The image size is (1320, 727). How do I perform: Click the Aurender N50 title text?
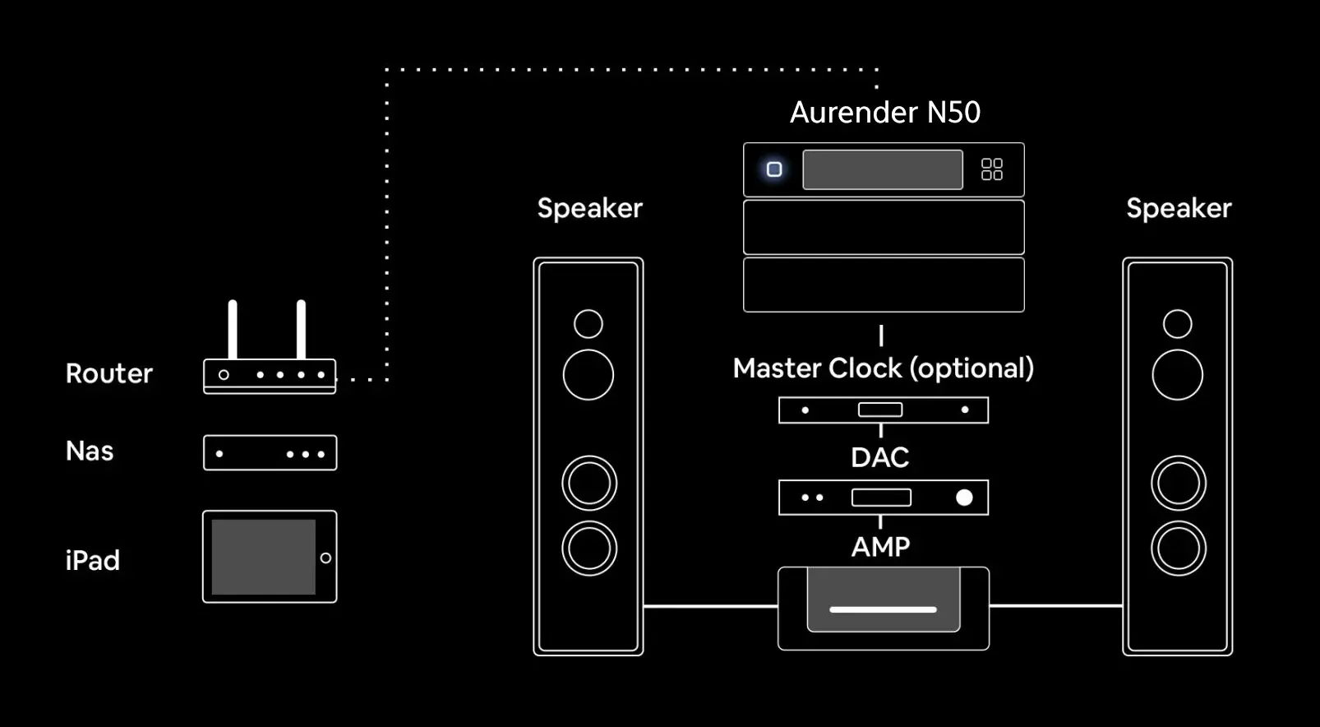pyautogui.click(x=884, y=113)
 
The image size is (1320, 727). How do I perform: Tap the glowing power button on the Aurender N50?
pyautogui.click(x=774, y=169)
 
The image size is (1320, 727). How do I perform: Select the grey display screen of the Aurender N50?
pyautogui.click(x=882, y=169)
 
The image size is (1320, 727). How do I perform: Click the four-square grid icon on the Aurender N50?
pyautogui.click(x=992, y=169)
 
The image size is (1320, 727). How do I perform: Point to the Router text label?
pyautogui.click(x=109, y=373)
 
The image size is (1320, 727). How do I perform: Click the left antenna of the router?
pyautogui.click(x=233, y=329)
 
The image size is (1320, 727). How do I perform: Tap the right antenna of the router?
pyautogui.click(x=302, y=329)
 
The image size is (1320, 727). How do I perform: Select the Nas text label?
pyautogui.click(x=90, y=451)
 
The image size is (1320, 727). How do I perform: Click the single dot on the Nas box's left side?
pyautogui.click(x=219, y=454)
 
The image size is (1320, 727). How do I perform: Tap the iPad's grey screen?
pyautogui.click(x=263, y=557)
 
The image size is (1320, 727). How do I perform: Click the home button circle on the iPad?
pyautogui.click(x=325, y=558)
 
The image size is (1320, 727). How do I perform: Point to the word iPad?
pyautogui.click(x=93, y=561)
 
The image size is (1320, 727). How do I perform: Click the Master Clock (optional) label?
pyautogui.click(x=883, y=368)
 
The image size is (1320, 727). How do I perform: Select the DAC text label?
pyautogui.click(x=879, y=457)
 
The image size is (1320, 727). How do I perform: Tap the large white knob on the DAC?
pyautogui.click(x=964, y=498)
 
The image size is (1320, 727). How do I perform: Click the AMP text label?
pyautogui.click(x=880, y=547)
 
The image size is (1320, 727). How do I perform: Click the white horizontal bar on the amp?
pyautogui.click(x=883, y=609)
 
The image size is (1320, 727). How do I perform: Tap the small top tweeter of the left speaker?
pyautogui.click(x=588, y=324)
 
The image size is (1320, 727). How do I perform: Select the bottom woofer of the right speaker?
pyautogui.click(x=1178, y=549)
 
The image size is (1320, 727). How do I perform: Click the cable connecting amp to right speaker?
pyautogui.click(x=1055, y=606)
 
